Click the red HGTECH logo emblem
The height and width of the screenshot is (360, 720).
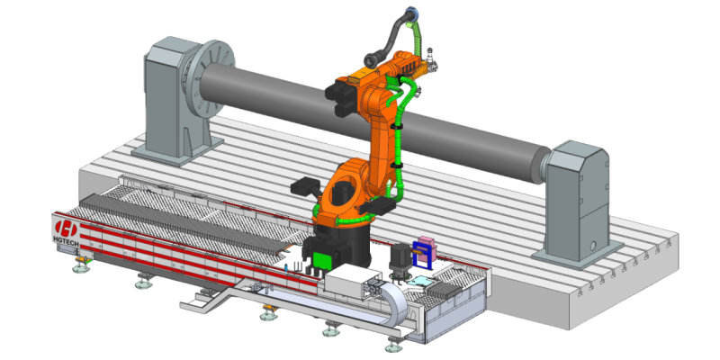[65, 228]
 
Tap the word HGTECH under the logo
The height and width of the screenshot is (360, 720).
[65, 239]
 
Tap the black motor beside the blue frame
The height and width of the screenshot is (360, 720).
[399, 260]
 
